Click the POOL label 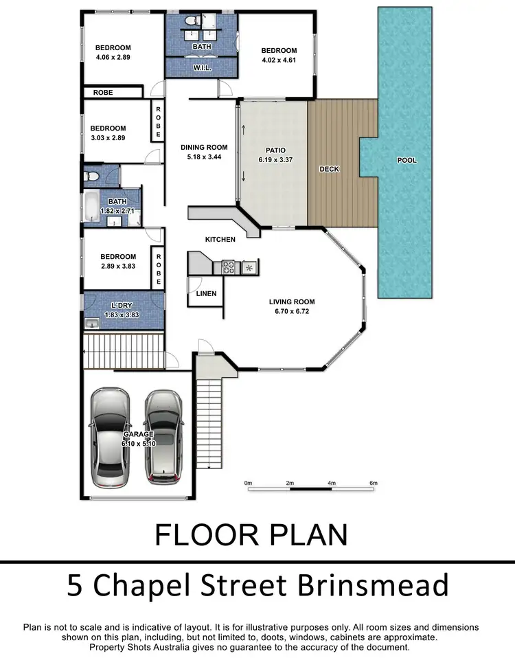[407, 161]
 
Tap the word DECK [330, 169]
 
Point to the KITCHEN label [220, 240]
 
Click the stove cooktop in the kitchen [230, 266]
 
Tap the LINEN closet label [206, 294]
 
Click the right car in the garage [162, 434]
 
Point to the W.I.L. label [202, 68]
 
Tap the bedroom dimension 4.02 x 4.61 [278, 60]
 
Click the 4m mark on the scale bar [332, 484]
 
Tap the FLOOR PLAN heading [251, 534]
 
